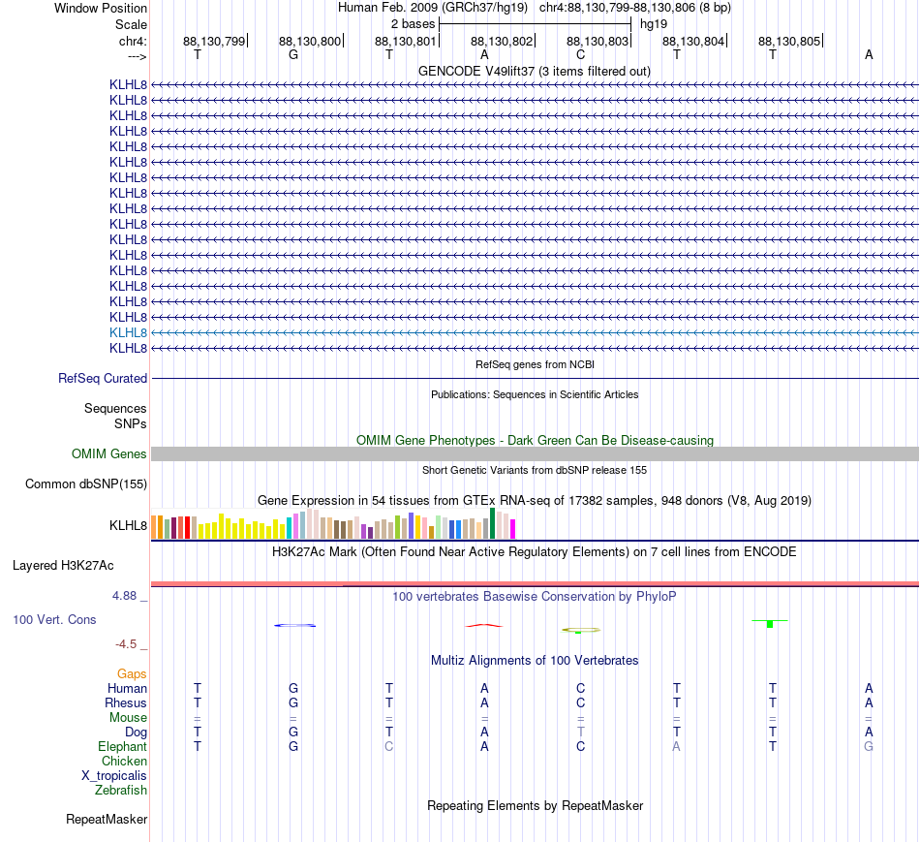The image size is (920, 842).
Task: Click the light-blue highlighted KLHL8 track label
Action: pyautogui.click(x=128, y=333)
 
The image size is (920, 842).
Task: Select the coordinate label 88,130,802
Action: pyautogui.click(x=502, y=41)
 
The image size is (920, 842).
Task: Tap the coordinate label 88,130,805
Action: pyautogui.click(x=789, y=41)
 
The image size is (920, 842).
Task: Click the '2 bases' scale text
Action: pyautogui.click(x=414, y=24)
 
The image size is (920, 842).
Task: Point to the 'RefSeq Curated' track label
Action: pyautogui.click(x=103, y=378)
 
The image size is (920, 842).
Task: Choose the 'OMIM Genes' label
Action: pyautogui.click(x=109, y=453)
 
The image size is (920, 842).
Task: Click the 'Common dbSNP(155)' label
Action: pyautogui.click(x=86, y=483)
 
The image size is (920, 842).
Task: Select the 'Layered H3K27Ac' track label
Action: pyautogui.click(x=63, y=566)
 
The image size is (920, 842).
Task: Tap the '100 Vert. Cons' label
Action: pyautogui.click(x=54, y=619)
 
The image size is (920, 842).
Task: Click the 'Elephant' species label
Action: pyautogui.click(x=123, y=746)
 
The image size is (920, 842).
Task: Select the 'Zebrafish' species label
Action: pyautogui.click(x=121, y=791)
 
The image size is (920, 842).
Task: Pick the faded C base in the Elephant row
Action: pyautogui.click(x=389, y=746)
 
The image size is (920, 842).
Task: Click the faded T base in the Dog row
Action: pyautogui.click(x=581, y=732)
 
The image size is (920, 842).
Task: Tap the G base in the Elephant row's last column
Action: pyautogui.click(x=869, y=746)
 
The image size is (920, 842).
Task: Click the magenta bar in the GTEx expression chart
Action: pyautogui.click(x=513, y=529)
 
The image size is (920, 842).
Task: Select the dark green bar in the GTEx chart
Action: pyautogui.click(x=492, y=523)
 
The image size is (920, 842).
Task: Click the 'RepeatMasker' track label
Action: pyautogui.click(x=107, y=819)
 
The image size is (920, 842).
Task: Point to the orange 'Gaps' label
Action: pyautogui.click(x=132, y=674)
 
